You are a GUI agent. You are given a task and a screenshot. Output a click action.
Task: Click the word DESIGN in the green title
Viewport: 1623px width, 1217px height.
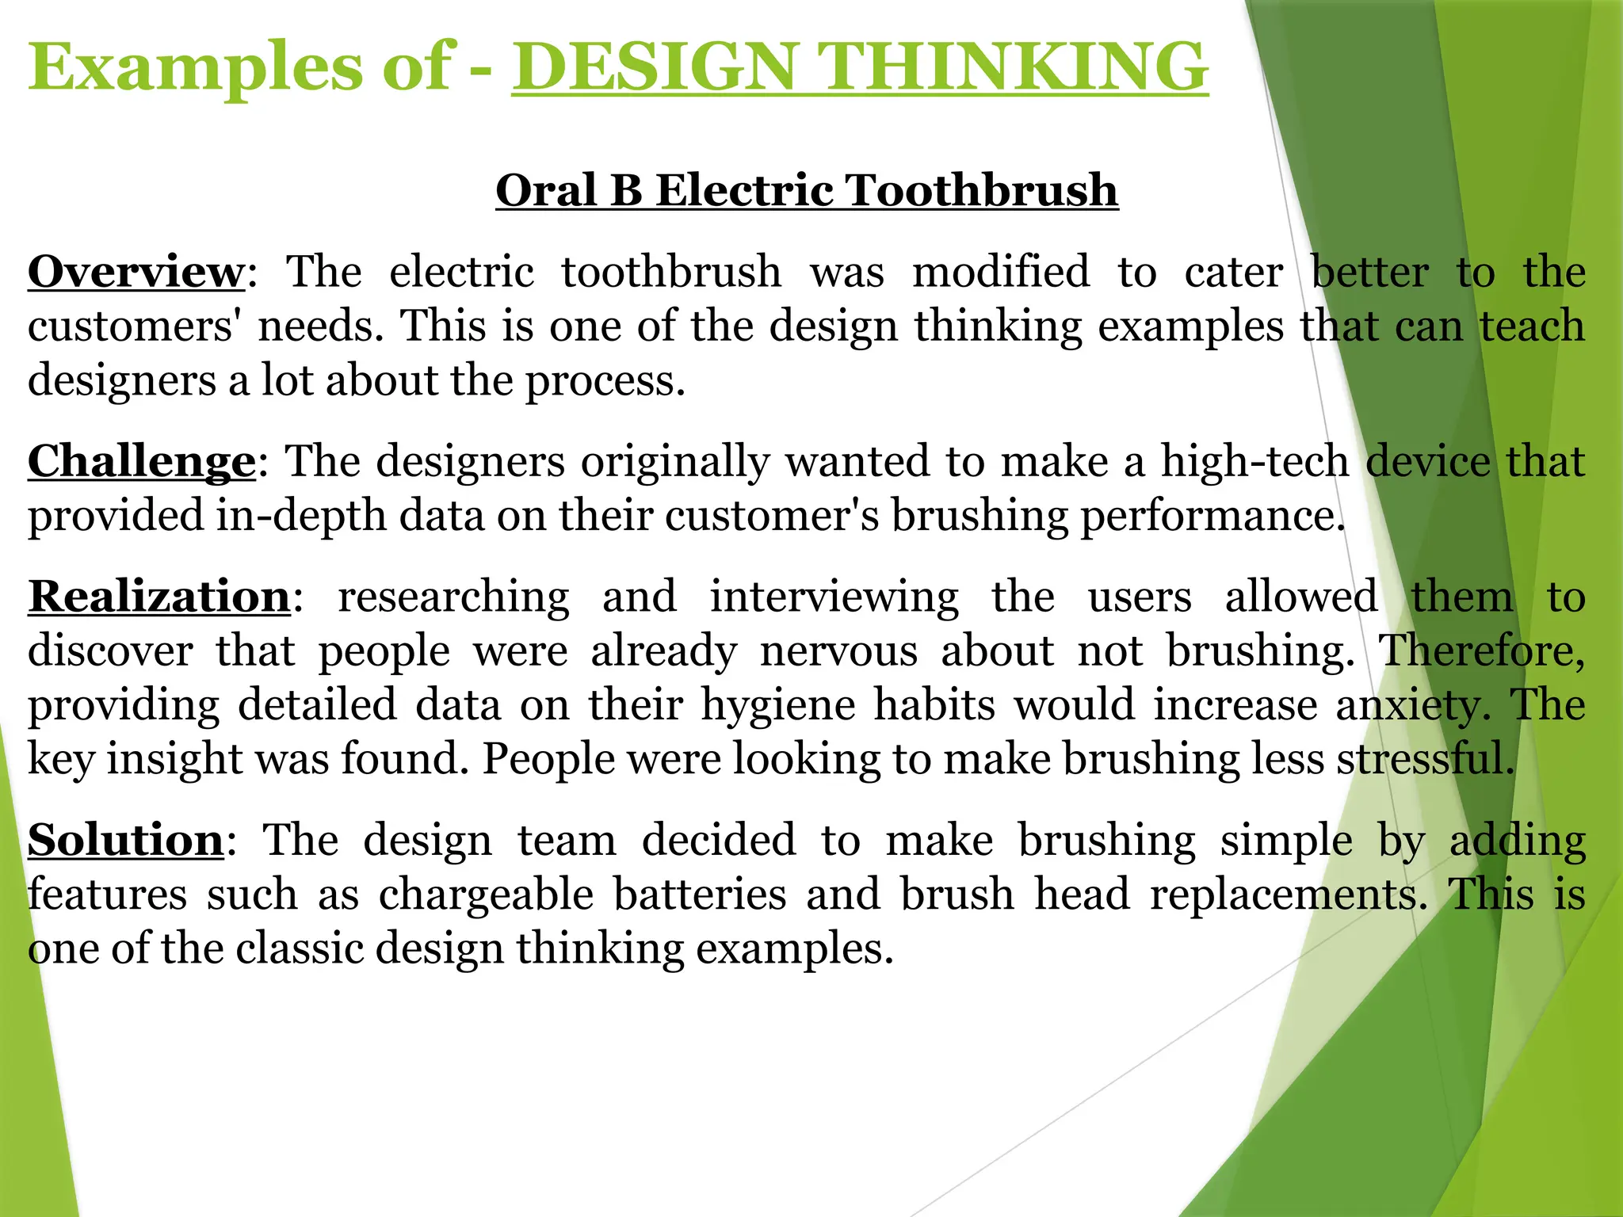tap(654, 67)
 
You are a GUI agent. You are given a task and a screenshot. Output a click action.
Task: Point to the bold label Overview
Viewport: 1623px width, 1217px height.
tap(136, 272)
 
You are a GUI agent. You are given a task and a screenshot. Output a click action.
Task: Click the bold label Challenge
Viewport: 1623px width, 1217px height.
tap(142, 461)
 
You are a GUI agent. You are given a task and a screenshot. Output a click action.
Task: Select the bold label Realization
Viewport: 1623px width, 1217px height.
tap(159, 596)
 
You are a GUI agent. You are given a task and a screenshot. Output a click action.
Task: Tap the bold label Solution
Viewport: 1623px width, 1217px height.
tap(126, 840)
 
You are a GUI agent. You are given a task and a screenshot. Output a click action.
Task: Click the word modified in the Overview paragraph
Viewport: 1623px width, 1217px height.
tap(1001, 272)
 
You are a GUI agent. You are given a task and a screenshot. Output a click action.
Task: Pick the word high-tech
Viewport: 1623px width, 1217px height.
tap(1255, 461)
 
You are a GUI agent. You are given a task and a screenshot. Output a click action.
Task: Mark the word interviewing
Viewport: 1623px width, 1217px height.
tap(834, 596)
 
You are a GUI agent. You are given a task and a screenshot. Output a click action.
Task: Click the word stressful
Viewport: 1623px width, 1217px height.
tap(1426, 758)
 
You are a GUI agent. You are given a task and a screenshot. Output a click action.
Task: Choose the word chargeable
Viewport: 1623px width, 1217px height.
tap(486, 895)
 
